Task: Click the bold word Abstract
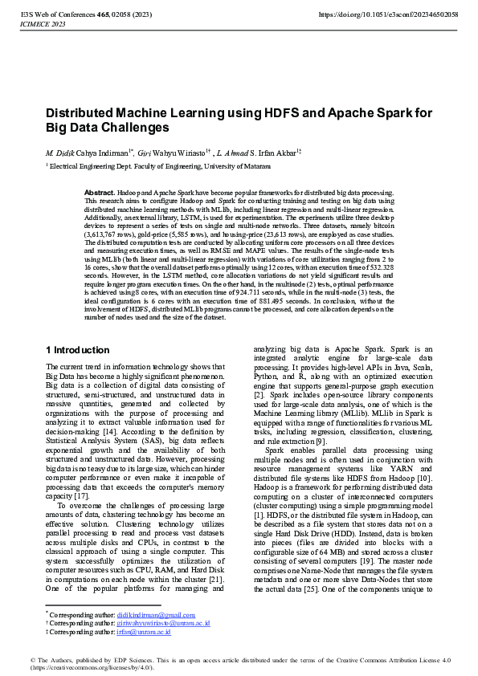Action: tap(100, 193)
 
